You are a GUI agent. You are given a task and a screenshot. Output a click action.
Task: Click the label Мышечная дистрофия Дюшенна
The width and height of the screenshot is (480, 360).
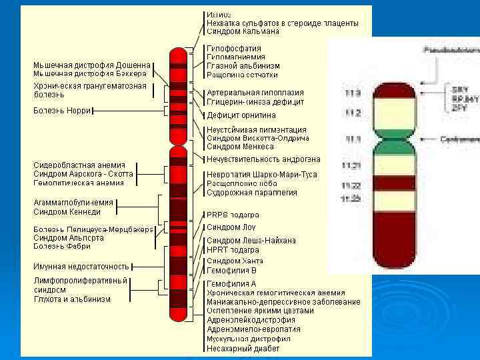92,65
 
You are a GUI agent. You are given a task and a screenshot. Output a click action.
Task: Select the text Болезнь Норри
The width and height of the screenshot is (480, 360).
63,111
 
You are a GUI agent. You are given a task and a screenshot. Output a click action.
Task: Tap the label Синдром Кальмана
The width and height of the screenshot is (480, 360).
243,31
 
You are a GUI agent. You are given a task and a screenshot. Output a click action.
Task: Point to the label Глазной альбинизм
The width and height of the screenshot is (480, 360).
243,66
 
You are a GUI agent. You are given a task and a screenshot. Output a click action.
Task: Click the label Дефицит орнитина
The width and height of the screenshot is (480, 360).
241,115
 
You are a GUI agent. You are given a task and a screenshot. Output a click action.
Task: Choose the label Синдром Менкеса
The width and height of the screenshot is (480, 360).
240,146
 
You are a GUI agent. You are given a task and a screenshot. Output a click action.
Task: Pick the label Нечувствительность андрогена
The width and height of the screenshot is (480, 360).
263,159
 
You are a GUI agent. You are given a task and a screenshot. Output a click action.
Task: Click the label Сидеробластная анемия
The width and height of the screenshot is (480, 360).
79,165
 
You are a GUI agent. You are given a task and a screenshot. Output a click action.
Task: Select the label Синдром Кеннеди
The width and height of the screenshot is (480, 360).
67,212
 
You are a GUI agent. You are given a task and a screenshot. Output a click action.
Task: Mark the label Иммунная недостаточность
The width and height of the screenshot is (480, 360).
81,266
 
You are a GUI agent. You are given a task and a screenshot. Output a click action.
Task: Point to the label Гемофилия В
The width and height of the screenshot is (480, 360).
231,271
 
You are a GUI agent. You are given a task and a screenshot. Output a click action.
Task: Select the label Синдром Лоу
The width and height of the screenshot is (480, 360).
231,227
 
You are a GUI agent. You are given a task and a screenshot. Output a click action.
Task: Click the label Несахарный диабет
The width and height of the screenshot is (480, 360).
243,348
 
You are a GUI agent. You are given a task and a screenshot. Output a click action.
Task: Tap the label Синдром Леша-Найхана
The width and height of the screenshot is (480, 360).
251,240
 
